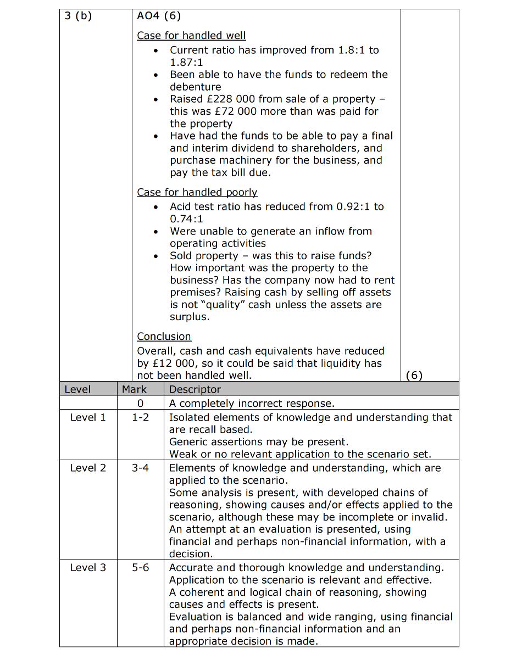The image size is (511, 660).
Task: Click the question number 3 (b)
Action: click(79, 15)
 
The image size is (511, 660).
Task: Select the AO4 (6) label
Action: click(159, 15)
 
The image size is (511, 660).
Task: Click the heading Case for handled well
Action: click(191, 36)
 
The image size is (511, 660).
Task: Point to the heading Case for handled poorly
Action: click(197, 192)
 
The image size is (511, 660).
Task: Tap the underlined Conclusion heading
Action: click(164, 337)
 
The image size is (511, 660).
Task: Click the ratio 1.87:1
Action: click(186, 63)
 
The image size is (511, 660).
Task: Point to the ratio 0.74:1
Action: click(186, 219)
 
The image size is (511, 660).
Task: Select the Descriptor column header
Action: click(195, 389)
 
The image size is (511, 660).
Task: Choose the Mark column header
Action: click(134, 389)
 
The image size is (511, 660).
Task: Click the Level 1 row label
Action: click(88, 417)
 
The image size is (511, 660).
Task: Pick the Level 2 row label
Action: click(88, 468)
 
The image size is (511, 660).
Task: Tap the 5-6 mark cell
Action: click(140, 567)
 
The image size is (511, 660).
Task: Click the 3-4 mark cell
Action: click(140, 468)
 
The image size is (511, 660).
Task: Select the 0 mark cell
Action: click(140, 404)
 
